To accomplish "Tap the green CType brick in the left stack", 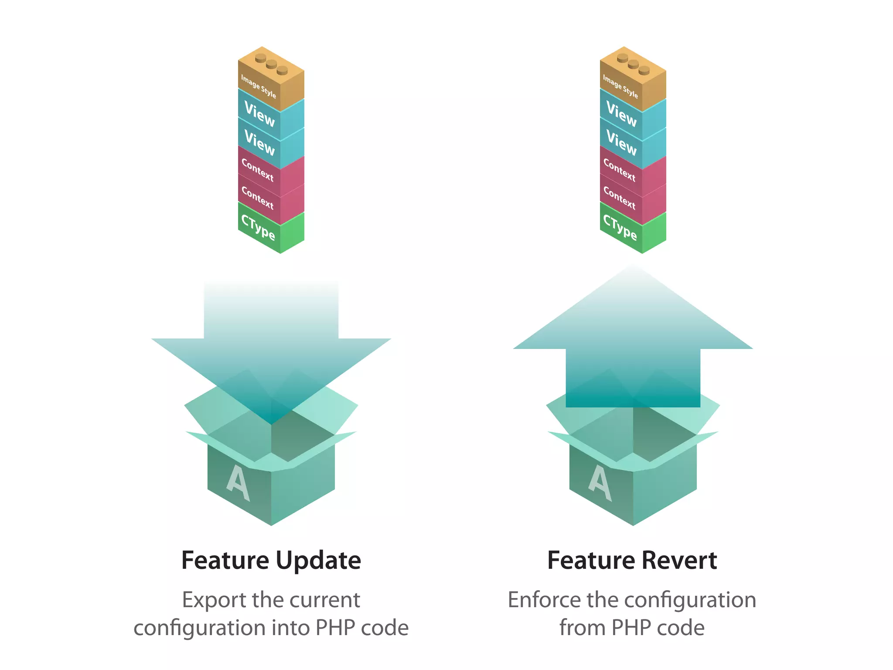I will [x=259, y=228].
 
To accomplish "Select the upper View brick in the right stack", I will [x=621, y=114].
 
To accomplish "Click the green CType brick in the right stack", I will [x=620, y=228].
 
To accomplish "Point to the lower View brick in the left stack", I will [x=260, y=143].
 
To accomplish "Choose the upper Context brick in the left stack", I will [x=258, y=170].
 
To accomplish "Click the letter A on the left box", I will [x=238, y=483].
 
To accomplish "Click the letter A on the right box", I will [x=600, y=483].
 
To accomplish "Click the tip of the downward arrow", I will [x=271, y=422].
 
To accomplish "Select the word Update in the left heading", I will [x=318, y=561].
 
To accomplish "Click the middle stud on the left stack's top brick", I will [x=271, y=65].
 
